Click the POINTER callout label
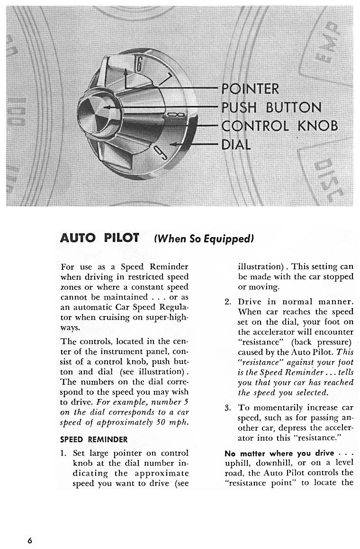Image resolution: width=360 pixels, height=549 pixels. [x=251, y=89]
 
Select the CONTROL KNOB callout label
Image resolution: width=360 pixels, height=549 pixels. [x=280, y=126]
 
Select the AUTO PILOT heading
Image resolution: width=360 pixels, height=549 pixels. [x=100, y=238]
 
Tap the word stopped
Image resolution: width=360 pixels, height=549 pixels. [x=340, y=277]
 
